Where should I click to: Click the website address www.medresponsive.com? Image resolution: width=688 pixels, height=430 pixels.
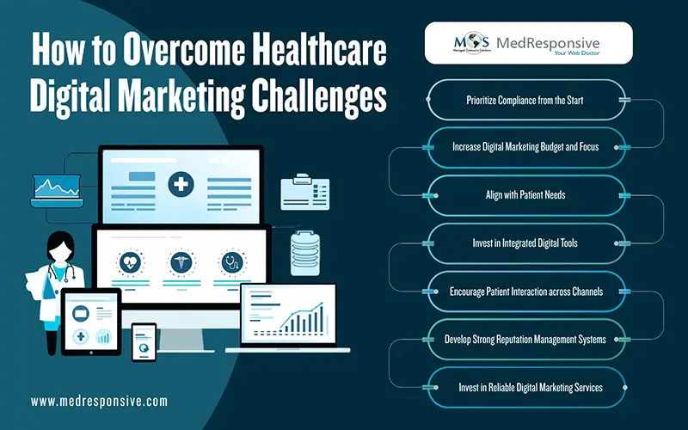click(99, 401)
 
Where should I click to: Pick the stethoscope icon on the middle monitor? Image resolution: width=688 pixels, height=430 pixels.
click(230, 261)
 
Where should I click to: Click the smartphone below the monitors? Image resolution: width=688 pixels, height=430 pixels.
click(144, 341)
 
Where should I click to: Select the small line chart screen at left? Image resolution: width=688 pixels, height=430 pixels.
click(58, 187)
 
